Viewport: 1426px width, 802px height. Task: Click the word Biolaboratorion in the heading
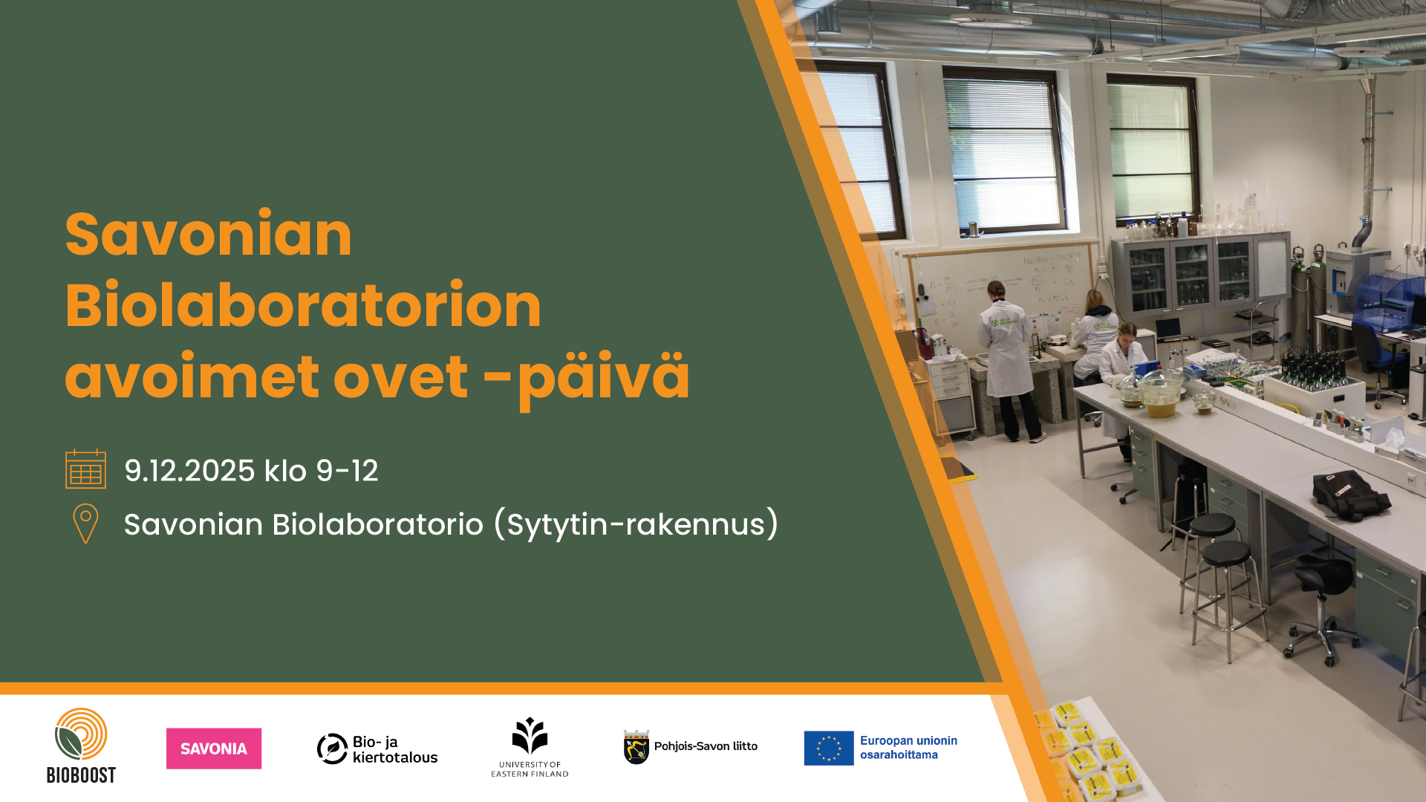(x=303, y=305)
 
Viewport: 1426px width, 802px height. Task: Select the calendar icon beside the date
(x=85, y=469)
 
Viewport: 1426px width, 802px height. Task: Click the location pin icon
(x=85, y=524)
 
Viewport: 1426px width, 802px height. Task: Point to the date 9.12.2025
(x=189, y=471)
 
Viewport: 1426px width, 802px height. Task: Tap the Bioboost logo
(x=81, y=746)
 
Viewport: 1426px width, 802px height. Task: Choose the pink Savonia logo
(x=214, y=749)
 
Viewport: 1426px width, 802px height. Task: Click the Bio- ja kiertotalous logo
(x=377, y=749)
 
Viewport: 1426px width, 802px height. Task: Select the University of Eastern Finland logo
(x=530, y=747)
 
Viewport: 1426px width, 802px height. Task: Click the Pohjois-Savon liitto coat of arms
(x=637, y=747)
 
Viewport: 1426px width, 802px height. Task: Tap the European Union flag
(x=829, y=748)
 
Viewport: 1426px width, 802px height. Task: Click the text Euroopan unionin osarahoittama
(x=908, y=748)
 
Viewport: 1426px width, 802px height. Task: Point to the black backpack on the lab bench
(x=1350, y=495)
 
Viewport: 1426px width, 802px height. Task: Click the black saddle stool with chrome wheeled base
(x=1324, y=609)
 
